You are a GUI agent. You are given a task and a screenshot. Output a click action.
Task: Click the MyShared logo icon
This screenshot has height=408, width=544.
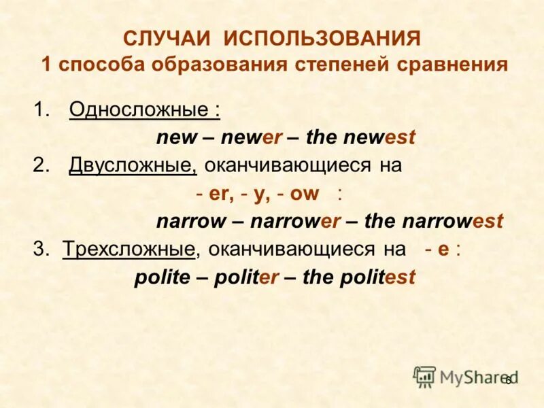pyautogui.click(x=425, y=375)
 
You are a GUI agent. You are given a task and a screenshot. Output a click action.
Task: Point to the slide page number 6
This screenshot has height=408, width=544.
pyautogui.click(x=507, y=379)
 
